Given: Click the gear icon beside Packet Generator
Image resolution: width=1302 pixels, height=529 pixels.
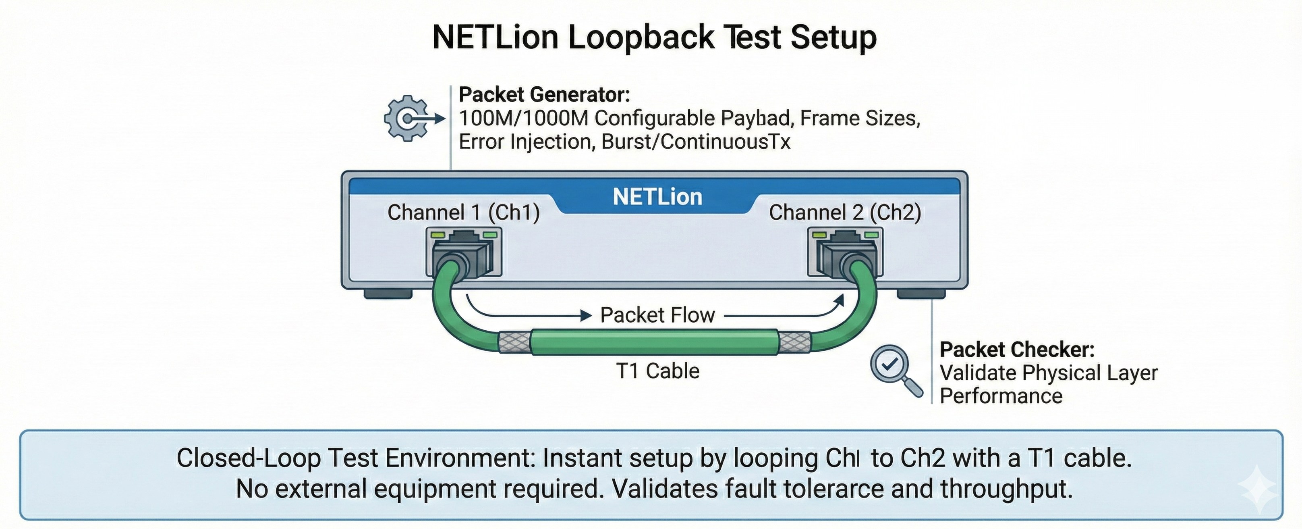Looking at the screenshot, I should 406,119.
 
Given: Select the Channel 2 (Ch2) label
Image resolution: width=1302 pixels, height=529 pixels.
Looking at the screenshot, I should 845,212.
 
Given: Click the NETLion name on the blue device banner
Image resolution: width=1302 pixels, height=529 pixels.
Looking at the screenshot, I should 657,197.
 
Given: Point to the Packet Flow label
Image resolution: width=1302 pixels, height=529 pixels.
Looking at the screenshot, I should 657,315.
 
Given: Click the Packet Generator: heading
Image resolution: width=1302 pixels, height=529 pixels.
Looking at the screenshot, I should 544,95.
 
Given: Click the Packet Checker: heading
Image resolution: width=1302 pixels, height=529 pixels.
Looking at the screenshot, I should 1017,350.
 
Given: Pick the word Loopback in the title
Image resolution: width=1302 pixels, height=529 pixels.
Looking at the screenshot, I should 641,37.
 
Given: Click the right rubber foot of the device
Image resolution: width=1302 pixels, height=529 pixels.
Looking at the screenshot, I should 921,294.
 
